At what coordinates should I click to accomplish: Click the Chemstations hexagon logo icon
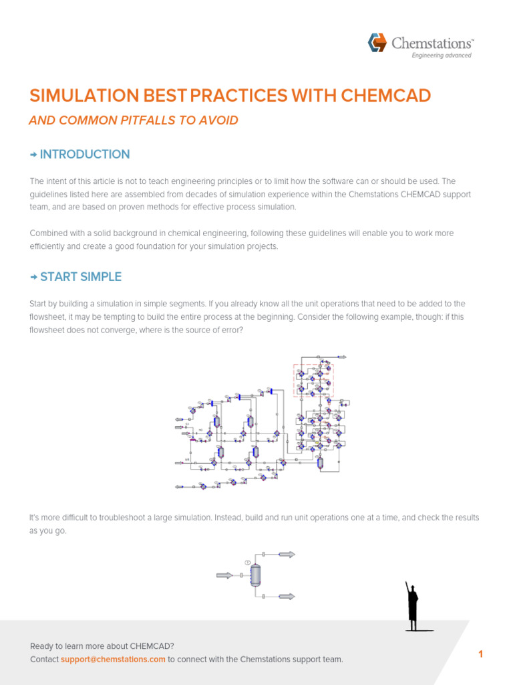click(x=377, y=43)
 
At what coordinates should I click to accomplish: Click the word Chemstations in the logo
click(x=432, y=43)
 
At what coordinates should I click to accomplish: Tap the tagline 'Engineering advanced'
click(x=441, y=56)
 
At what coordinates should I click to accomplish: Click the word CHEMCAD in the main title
click(x=385, y=96)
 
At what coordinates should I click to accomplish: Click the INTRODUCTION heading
click(x=85, y=155)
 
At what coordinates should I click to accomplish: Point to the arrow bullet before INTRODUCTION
click(x=33, y=155)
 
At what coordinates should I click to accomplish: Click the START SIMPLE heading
click(x=81, y=277)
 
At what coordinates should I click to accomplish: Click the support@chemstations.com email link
click(x=113, y=660)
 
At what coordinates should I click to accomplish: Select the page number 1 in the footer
click(x=480, y=654)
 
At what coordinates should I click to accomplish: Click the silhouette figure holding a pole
click(x=413, y=606)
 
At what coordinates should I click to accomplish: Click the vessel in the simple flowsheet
click(x=255, y=575)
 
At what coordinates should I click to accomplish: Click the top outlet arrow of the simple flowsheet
click(x=287, y=555)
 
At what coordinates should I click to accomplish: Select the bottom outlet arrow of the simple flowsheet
click(x=287, y=596)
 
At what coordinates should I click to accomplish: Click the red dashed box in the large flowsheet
click(x=313, y=380)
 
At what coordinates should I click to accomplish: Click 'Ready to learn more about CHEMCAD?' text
click(x=102, y=646)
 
